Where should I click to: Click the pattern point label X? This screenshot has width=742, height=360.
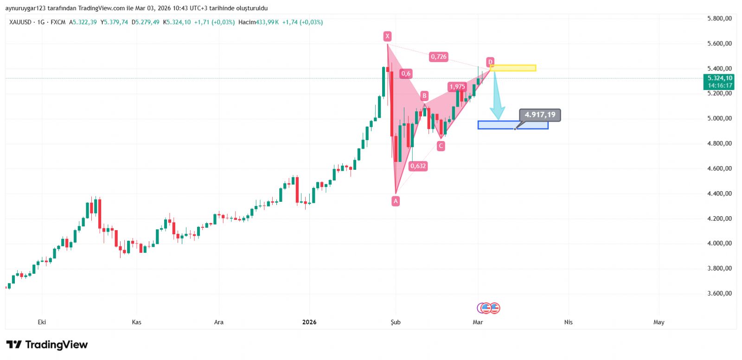pyautogui.click(x=387, y=36)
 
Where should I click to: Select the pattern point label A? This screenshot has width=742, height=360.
pyautogui.click(x=396, y=201)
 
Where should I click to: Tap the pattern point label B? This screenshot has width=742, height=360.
pyautogui.click(x=424, y=96)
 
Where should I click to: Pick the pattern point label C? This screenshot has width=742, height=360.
pyautogui.click(x=441, y=146)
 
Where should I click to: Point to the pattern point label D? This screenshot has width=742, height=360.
pyautogui.click(x=490, y=62)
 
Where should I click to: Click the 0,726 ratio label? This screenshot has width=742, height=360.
pyautogui.click(x=438, y=57)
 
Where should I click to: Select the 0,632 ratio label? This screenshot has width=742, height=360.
pyautogui.click(x=418, y=166)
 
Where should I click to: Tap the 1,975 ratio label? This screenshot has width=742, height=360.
pyautogui.click(x=457, y=87)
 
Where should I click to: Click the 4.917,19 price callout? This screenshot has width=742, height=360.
pyautogui.click(x=540, y=115)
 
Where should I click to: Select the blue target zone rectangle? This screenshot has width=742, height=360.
pyautogui.click(x=513, y=125)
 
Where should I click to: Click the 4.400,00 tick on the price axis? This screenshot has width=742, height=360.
pyautogui.click(x=719, y=193)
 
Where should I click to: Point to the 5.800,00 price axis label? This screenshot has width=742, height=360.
pyautogui.click(x=719, y=19)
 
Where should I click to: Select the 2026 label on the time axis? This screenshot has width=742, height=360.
pyautogui.click(x=309, y=322)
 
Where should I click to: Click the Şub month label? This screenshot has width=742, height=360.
pyautogui.click(x=396, y=322)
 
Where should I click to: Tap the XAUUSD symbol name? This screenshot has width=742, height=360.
pyautogui.click(x=20, y=22)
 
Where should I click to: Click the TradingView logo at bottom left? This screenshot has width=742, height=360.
pyautogui.click(x=47, y=345)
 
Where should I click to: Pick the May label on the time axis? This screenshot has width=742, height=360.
pyautogui.click(x=659, y=322)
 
